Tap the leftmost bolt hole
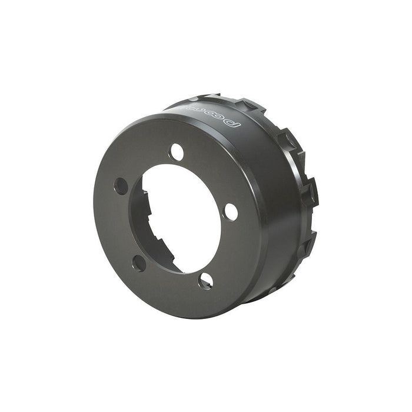(x=121, y=186)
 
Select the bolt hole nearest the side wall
(x=231, y=211)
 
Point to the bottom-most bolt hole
(x=205, y=281)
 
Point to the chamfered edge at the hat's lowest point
(x=194, y=316)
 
